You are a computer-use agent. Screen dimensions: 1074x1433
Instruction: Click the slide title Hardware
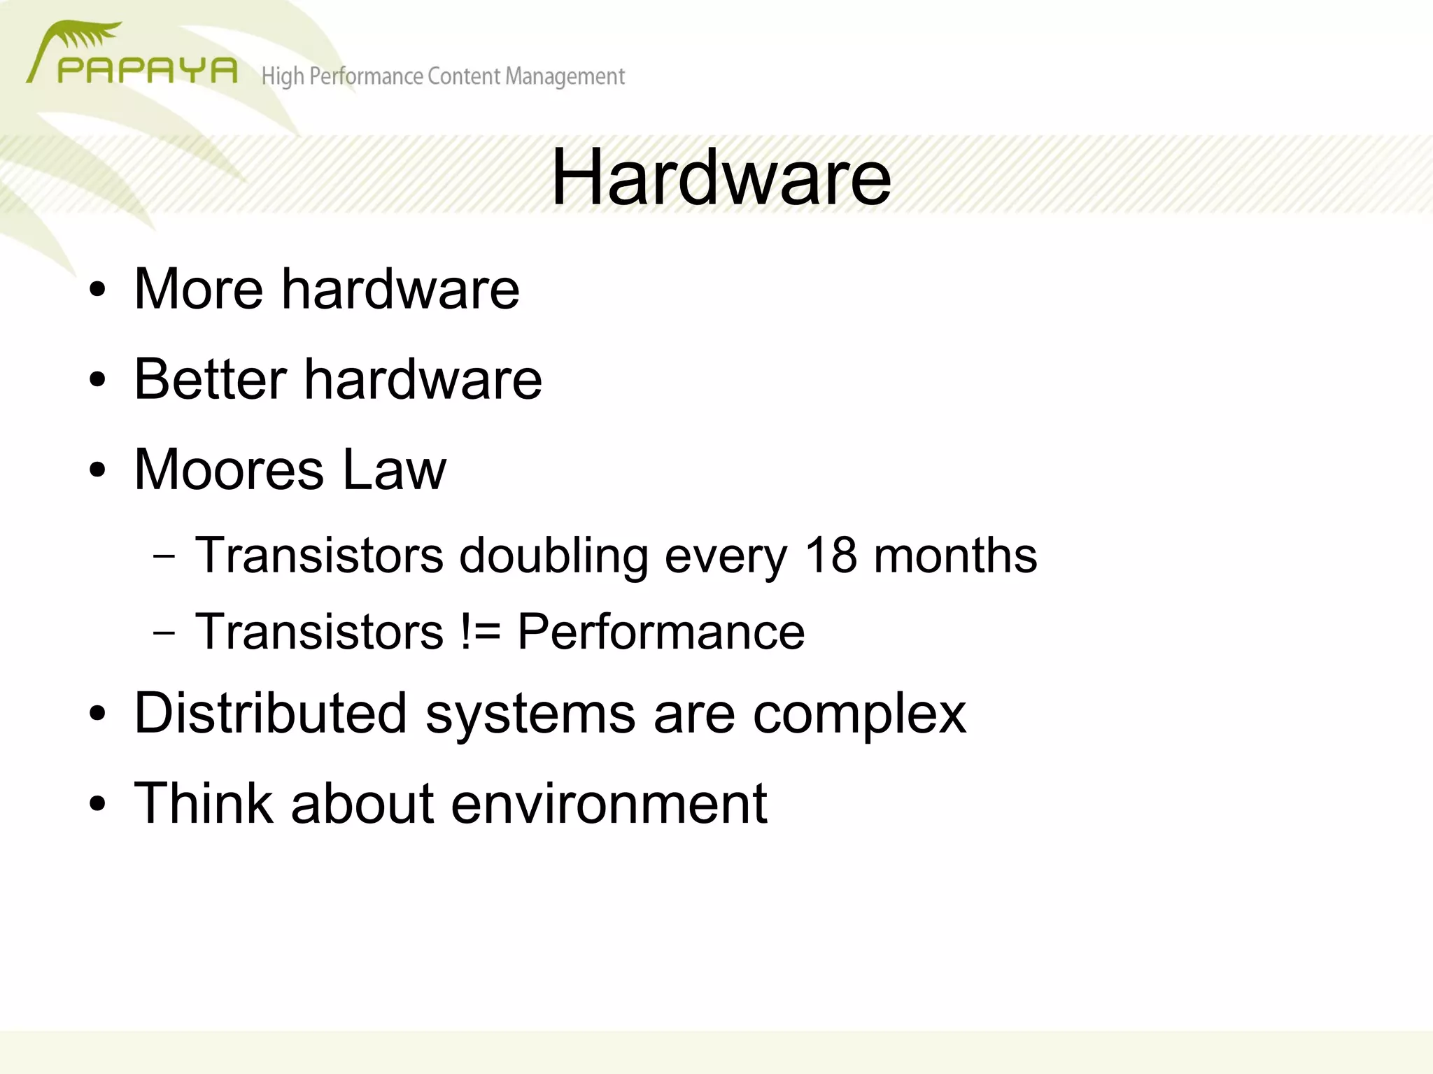tap(721, 178)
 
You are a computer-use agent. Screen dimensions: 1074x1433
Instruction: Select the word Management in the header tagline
tap(565, 76)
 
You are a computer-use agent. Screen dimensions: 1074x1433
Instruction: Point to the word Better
tap(209, 379)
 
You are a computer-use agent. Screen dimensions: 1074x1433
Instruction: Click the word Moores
tap(229, 469)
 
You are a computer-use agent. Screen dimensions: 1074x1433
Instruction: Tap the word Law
tap(394, 469)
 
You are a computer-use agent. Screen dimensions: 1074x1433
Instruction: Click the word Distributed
tap(270, 714)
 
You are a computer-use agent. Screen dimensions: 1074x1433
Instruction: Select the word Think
tap(203, 803)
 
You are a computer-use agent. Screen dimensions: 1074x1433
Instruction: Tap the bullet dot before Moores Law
tap(97, 470)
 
